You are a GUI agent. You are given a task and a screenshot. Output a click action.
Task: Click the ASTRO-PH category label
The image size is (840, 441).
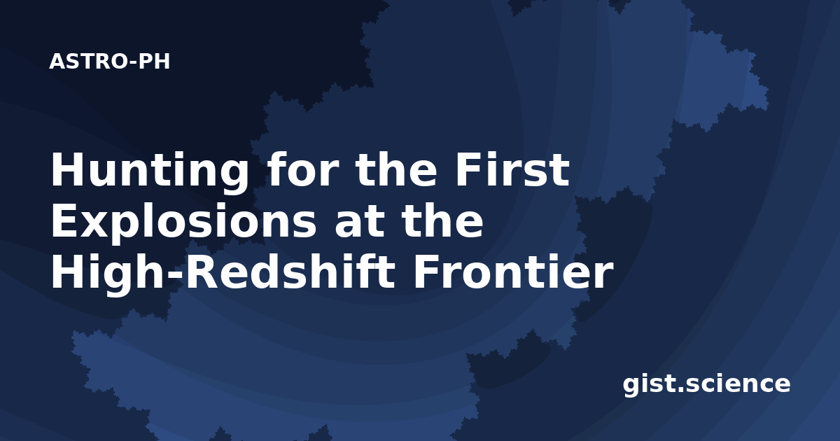pos(109,62)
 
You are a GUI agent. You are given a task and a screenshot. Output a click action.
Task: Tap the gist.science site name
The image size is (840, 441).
pos(706,384)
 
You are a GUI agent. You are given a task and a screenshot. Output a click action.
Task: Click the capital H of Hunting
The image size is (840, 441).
pos(66,169)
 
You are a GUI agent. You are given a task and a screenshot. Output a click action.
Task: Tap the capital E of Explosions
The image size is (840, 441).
pos(65,220)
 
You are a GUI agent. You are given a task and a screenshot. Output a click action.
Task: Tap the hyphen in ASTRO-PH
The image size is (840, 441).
pos(132,63)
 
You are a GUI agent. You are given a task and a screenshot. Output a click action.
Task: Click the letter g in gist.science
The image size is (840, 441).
pos(632,387)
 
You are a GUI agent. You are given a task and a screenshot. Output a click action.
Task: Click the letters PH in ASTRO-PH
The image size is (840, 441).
pos(154,62)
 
